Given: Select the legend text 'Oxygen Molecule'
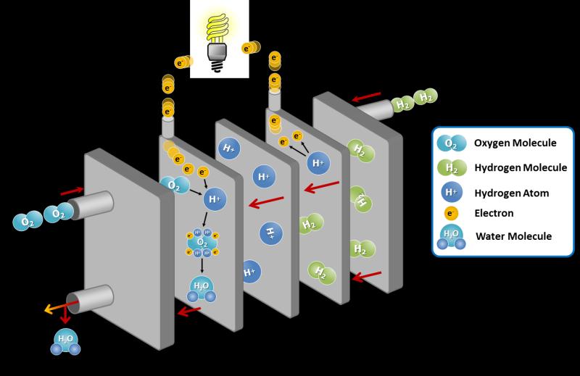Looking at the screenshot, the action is click(515, 143).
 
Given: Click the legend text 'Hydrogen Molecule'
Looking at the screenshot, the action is click(521, 168).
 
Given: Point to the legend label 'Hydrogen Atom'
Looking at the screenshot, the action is click(512, 193).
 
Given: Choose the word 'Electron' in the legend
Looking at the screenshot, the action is click(494, 213).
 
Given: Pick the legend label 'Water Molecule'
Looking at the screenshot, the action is click(513, 236).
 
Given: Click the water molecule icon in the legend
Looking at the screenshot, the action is click(451, 237).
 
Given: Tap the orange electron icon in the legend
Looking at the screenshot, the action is click(451, 213).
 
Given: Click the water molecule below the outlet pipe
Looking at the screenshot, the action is click(65, 342).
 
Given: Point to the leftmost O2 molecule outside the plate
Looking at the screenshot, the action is click(28, 221).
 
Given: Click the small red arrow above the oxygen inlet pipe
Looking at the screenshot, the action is click(72, 191).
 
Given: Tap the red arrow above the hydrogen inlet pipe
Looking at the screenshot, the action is click(366, 97).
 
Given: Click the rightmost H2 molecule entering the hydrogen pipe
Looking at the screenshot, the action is click(426, 96).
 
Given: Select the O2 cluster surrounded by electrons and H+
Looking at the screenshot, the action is click(202, 243).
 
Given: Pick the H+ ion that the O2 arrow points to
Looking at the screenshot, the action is click(215, 199).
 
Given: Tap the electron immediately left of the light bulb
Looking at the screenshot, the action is click(183, 62).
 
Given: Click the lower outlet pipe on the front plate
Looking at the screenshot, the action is click(90, 299).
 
